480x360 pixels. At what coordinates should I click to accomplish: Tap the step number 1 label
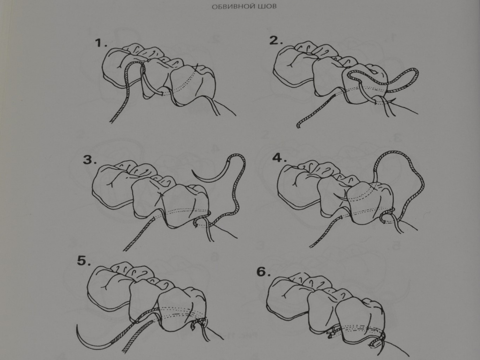[101, 43]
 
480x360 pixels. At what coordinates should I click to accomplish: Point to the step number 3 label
[90, 159]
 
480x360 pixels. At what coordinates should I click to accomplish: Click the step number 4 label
[279, 158]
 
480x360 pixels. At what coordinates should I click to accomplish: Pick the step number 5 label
[84, 261]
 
